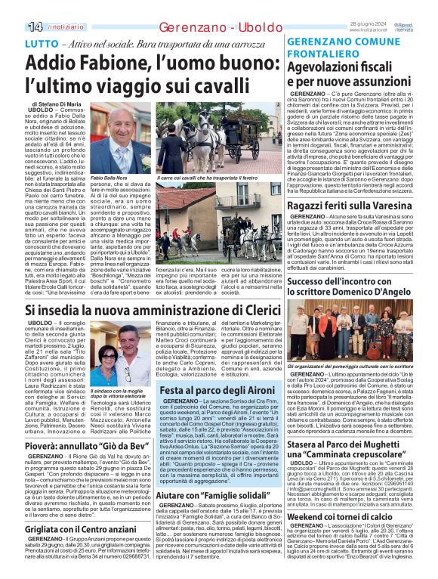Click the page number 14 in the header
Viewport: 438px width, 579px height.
(14, 27)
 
